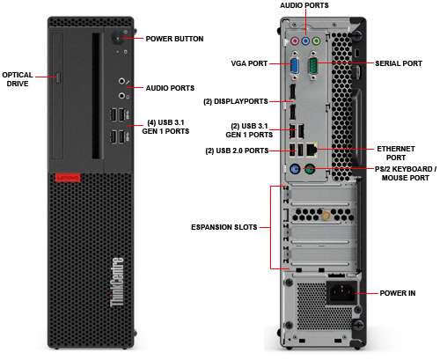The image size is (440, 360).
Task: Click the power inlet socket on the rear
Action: click(341, 291)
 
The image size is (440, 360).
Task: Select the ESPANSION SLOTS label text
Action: click(224, 227)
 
